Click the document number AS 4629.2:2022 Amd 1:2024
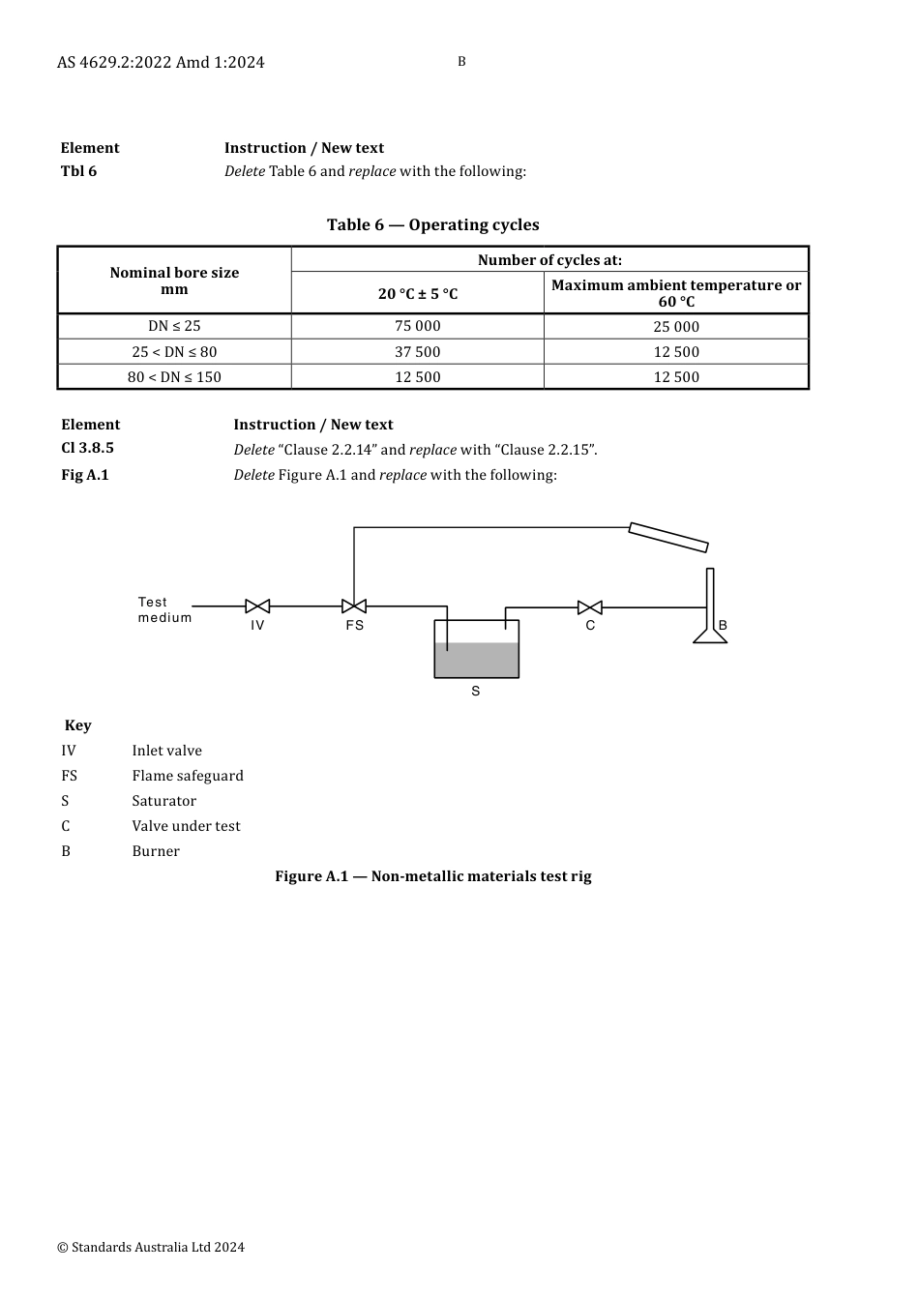pos(161,62)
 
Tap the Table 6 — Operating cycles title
pos(432,224)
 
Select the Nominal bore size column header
pos(174,281)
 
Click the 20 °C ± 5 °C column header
pos(417,294)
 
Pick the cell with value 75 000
pos(417,326)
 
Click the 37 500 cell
pos(417,352)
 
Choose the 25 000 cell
pos(675,327)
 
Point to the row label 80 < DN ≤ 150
pos(174,377)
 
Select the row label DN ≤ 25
pos(174,326)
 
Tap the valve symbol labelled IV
pos(257,606)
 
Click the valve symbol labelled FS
pos(354,606)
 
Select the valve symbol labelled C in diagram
pos(590,607)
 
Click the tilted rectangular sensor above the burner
pos(668,537)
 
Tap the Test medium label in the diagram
pos(164,609)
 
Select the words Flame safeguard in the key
pos(188,776)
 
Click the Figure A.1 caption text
pos(432,876)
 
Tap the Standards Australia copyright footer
pos(151,1247)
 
